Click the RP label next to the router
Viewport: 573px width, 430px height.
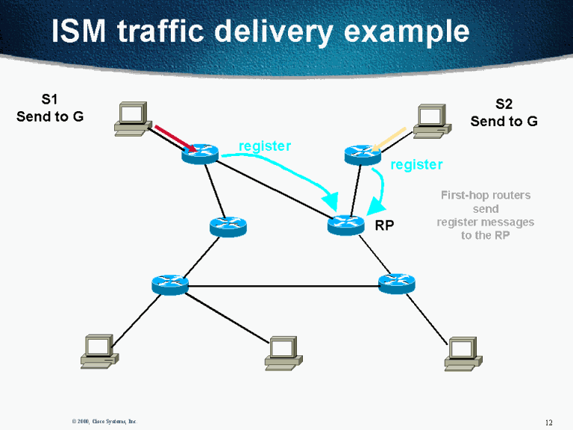point(383,225)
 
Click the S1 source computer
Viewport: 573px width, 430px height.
point(131,118)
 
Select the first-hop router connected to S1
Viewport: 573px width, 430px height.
point(199,155)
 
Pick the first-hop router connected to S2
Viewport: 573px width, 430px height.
point(363,155)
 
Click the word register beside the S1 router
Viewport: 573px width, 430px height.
point(264,146)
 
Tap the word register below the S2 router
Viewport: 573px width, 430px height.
point(416,164)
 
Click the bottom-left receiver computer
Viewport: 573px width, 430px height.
point(98,351)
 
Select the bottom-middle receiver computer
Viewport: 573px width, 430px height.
point(283,352)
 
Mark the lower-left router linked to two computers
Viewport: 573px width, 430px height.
point(169,284)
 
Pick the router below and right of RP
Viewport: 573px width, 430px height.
point(396,283)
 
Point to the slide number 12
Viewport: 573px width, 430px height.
point(549,422)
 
